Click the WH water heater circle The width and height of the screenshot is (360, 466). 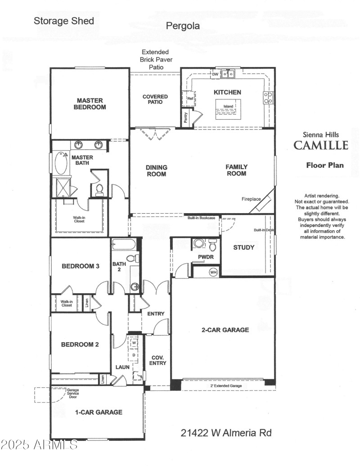pos(213,272)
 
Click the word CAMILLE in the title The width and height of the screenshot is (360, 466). pos(321,145)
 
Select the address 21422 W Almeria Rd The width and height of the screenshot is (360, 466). pos(226,433)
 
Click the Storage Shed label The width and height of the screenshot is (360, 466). pos(64,21)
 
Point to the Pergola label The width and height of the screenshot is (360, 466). pos(183,26)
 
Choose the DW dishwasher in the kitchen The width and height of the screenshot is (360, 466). pos(215,74)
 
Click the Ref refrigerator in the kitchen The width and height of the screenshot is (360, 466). pos(189,98)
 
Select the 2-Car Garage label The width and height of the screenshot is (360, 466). pos(225,330)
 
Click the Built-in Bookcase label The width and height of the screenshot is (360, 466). pos(201,218)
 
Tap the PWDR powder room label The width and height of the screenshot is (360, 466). pos(205,258)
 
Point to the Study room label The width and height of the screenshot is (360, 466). pos(243,247)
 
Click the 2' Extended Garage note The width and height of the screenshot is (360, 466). pos(226,386)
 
